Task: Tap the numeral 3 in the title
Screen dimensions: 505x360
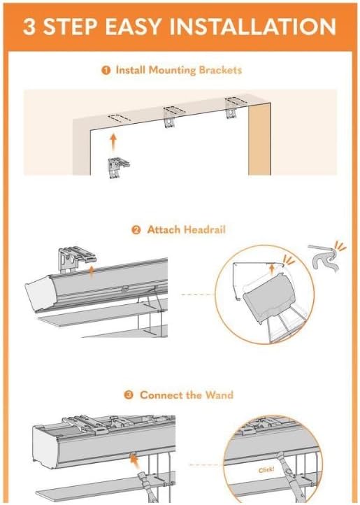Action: pyautogui.click(x=31, y=27)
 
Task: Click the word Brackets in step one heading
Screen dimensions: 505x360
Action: pyautogui.click(x=219, y=71)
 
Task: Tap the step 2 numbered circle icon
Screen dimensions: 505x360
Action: pyautogui.click(x=138, y=229)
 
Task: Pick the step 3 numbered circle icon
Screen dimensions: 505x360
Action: pyautogui.click(x=129, y=395)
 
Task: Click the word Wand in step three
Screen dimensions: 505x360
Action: pyautogui.click(x=220, y=395)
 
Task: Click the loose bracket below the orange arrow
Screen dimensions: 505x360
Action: pyautogui.click(x=118, y=168)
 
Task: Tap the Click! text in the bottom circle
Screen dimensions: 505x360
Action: pyautogui.click(x=266, y=471)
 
